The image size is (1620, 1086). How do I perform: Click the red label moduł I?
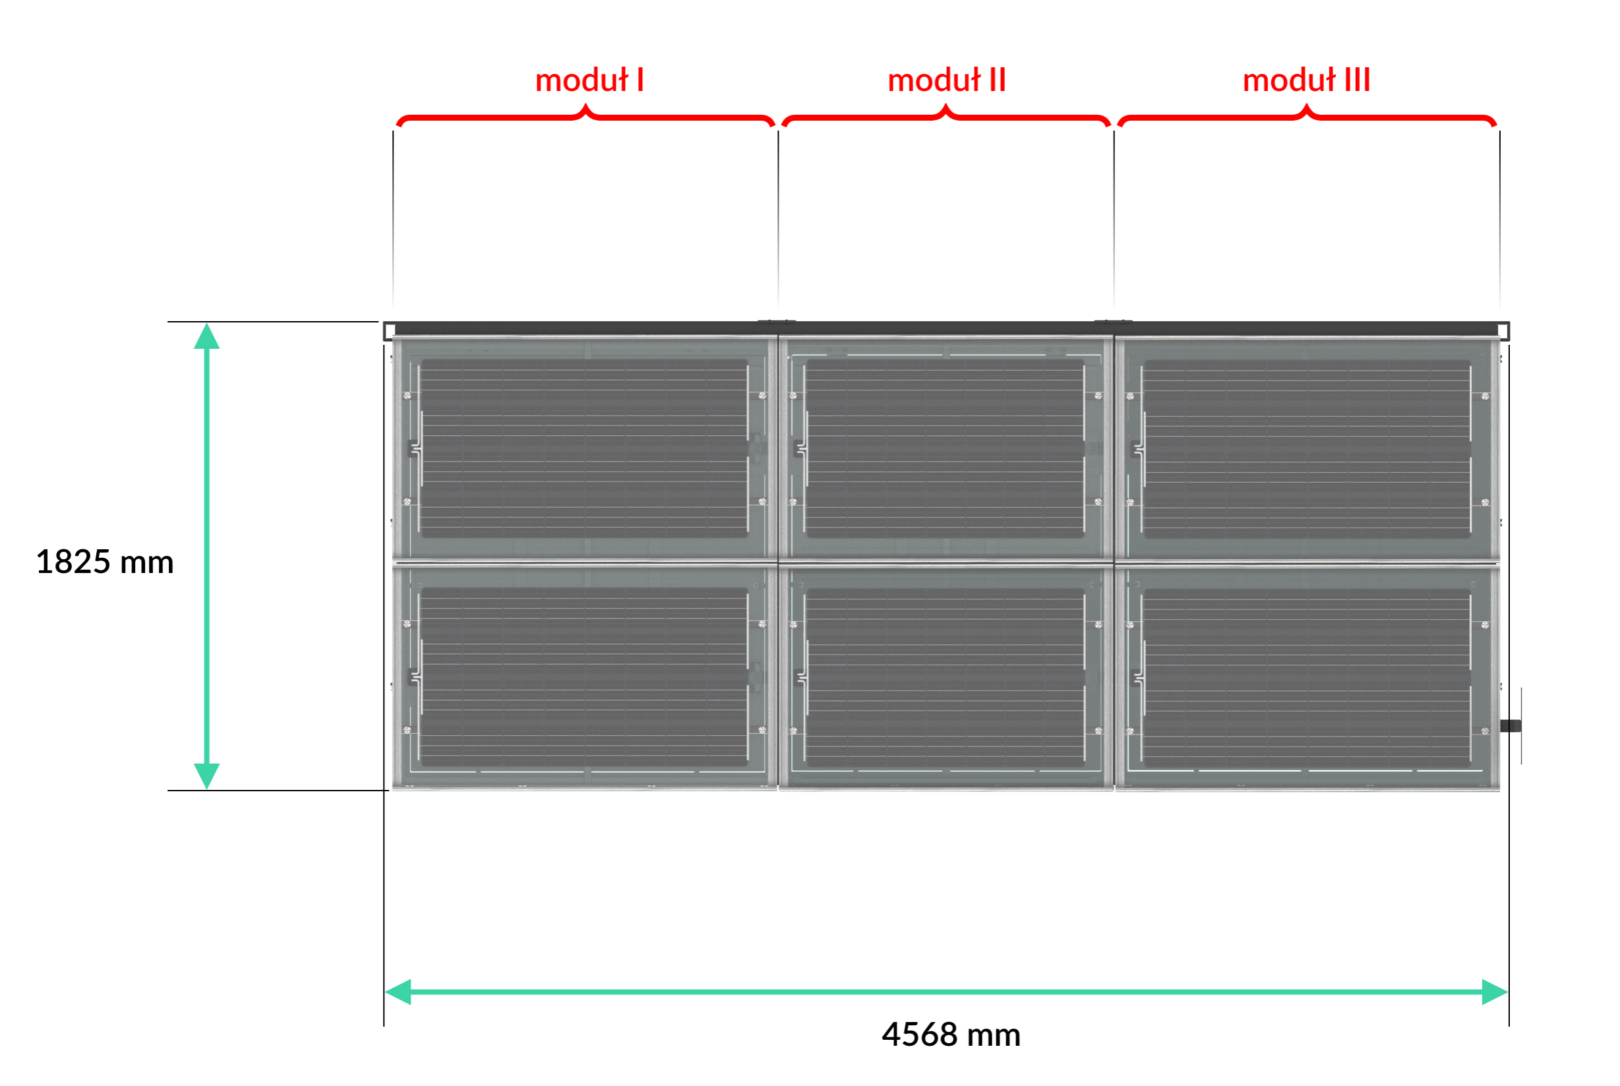[589, 80]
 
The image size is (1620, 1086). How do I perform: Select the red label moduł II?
[947, 80]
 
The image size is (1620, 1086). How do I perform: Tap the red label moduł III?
[1306, 80]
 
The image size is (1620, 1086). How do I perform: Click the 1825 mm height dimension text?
[105, 562]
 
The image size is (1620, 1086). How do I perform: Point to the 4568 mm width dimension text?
[951, 1035]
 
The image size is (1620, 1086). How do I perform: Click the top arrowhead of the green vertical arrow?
[206, 336]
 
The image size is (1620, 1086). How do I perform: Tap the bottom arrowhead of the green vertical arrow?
[206, 775]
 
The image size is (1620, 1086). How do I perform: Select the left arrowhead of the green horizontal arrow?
[398, 992]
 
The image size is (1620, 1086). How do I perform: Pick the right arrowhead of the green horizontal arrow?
[1495, 992]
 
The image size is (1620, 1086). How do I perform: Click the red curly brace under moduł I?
[585, 116]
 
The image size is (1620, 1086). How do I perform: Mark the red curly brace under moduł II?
[946, 116]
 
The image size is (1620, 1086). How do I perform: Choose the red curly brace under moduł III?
[1307, 116]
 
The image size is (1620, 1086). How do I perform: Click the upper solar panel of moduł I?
[585, 448]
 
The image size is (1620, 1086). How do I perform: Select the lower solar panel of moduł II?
[946, 677]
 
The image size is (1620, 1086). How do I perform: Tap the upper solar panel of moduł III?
[1307, 448]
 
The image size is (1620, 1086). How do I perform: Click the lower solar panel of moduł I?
[585, 677]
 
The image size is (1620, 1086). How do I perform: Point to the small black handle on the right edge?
[1511, 726]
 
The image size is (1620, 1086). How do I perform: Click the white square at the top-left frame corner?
[389, 331]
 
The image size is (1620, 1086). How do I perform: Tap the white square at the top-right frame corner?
[1504, 331]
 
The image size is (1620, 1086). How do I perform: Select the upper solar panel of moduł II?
[946, 448]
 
